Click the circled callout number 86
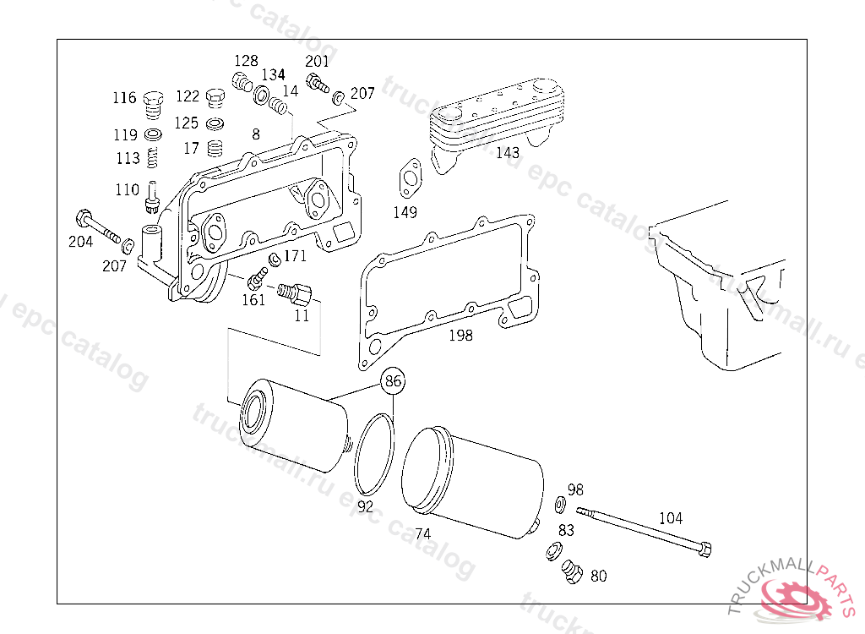tap(393, 381)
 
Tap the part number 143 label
tap(508, 153)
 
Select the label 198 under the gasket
tap(460, 336)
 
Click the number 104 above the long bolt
tap(671, 518)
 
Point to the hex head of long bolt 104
tap(705, 549)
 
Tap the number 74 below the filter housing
tap(422, 534)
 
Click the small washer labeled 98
tap(560, 506)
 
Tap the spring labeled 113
tap(153, 158)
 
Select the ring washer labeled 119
tap(154, 135)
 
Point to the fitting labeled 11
tap(296, 295)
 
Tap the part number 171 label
tap(296, 256)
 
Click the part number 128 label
tap(246, 61)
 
